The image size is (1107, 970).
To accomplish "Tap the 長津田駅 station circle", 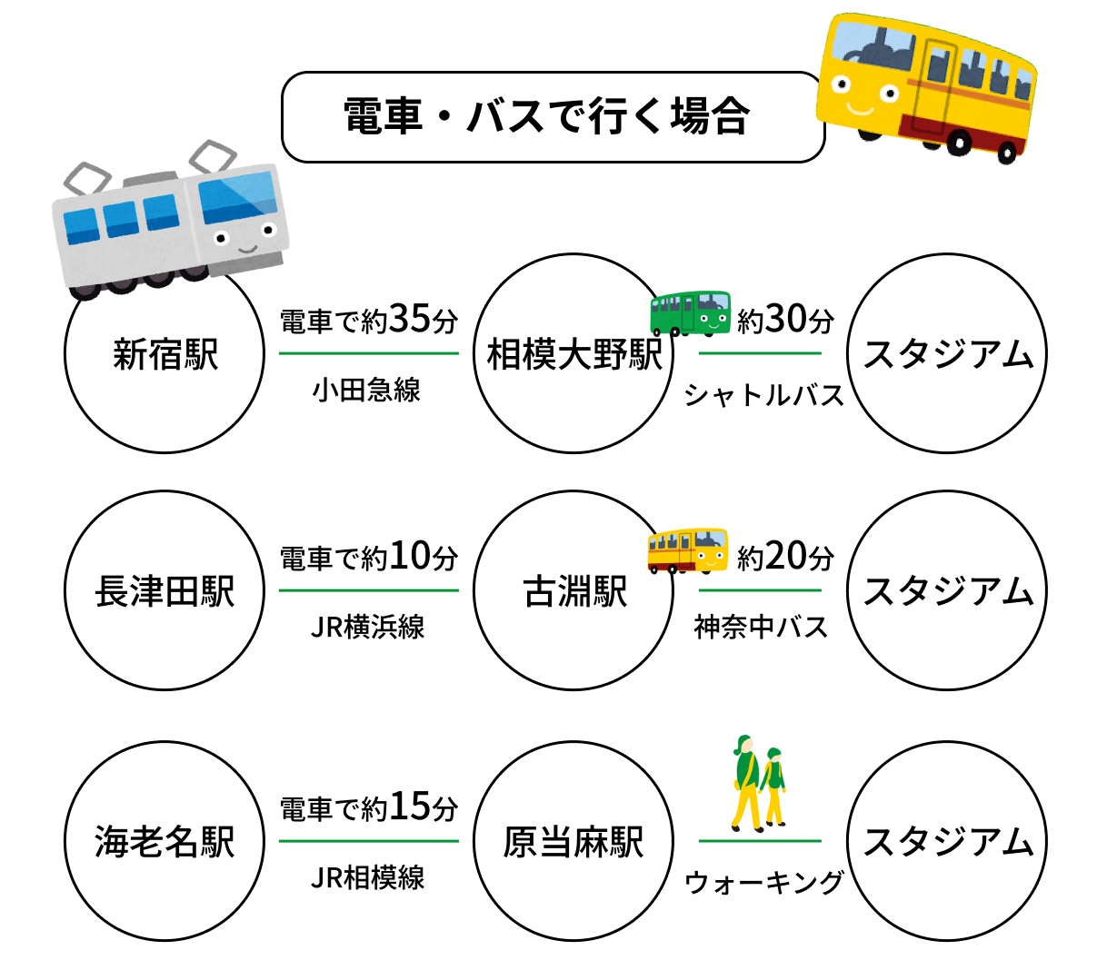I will pos(165,590).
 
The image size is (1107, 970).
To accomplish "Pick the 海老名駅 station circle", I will pos(165,841).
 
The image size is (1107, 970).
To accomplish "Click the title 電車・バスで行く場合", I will pos(547,117).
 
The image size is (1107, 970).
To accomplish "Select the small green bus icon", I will pos(691,312).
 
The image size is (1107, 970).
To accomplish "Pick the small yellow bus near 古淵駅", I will pos(688,549).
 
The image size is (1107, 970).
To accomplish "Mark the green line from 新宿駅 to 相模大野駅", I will pos(368,353).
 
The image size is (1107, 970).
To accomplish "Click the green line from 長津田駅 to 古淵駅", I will pos(368,590).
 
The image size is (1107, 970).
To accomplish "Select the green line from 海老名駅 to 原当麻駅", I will pos(368,841).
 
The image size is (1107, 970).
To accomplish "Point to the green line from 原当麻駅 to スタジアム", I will pos(760,841).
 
